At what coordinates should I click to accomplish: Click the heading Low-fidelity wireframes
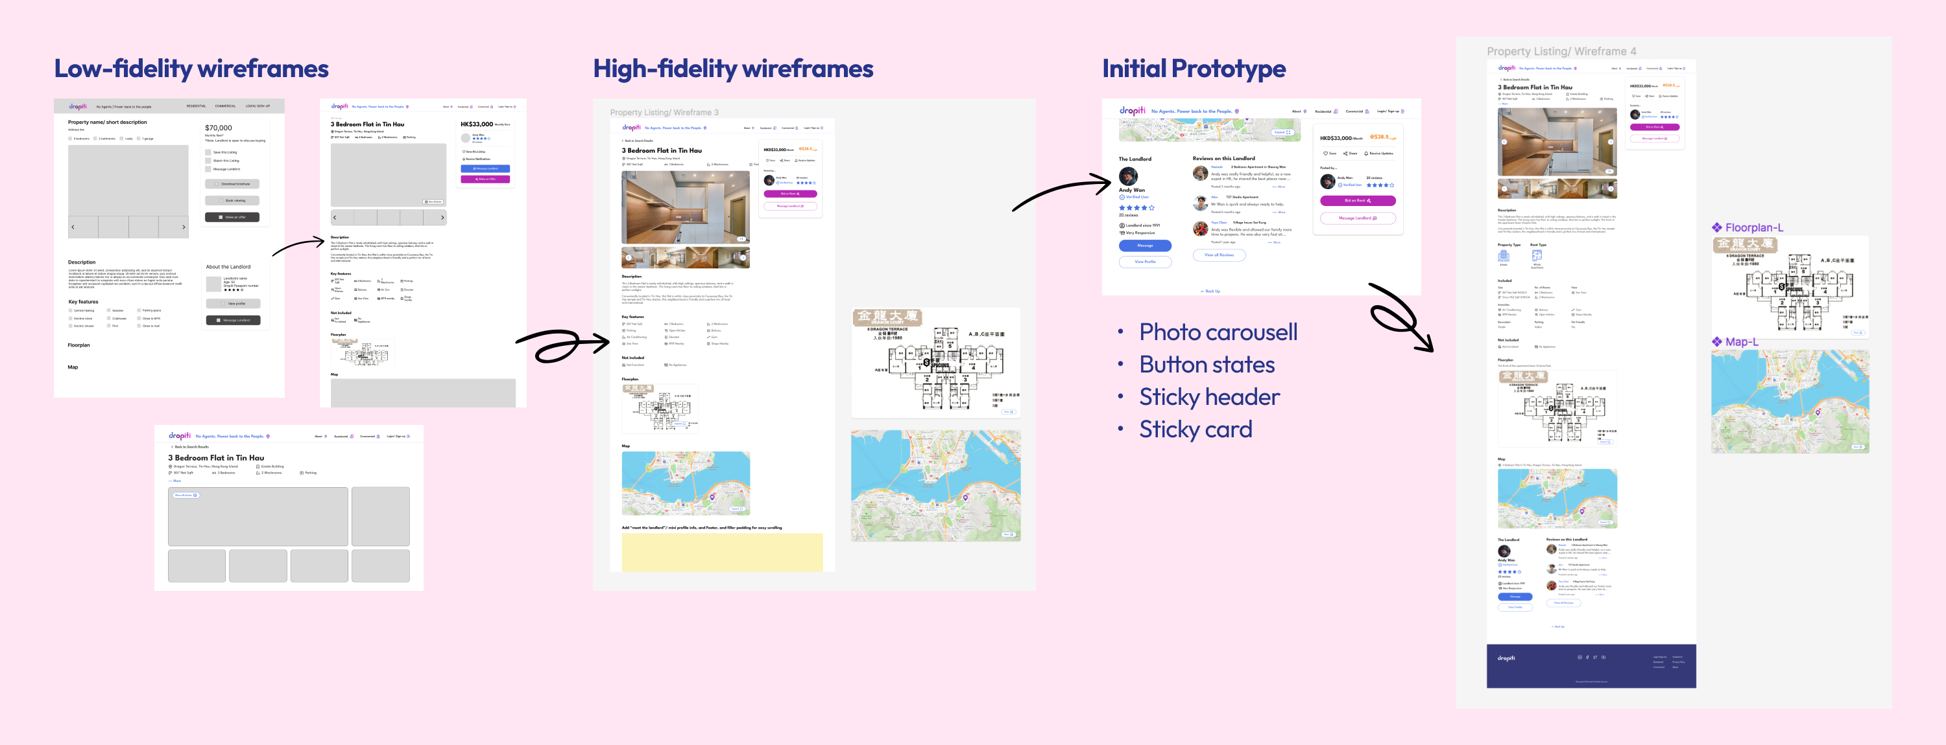(191, 69)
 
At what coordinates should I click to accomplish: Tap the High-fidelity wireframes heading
(733, 69)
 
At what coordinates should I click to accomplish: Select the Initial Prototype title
(1194, 69)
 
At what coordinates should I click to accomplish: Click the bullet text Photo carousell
(1218, 332)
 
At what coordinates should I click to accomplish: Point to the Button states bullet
(1207, 365)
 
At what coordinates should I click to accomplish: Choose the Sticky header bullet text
(1208, 397)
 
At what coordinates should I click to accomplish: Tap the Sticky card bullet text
(1195, 430)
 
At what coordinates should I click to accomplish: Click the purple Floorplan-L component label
(1753, 227)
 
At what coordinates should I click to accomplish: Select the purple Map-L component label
(1740, 342)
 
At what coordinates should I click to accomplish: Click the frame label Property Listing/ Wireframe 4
(1561, 51)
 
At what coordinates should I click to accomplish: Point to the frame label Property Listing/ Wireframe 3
(664, 113)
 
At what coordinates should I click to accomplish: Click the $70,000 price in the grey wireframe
(219, 128)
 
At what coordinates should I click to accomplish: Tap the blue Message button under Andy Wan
(1144, 246)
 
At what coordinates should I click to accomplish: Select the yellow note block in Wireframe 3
(721, 552)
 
